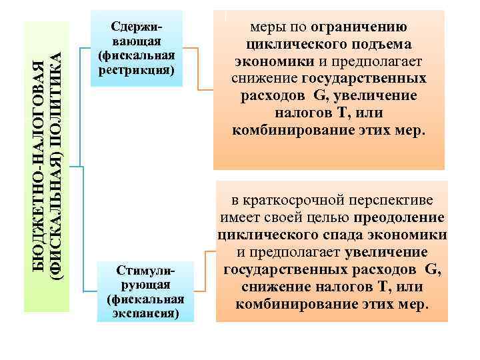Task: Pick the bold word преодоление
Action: (x=399, y=217)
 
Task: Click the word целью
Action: (x=332, y=217)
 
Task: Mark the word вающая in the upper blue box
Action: (x=136, y=41)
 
